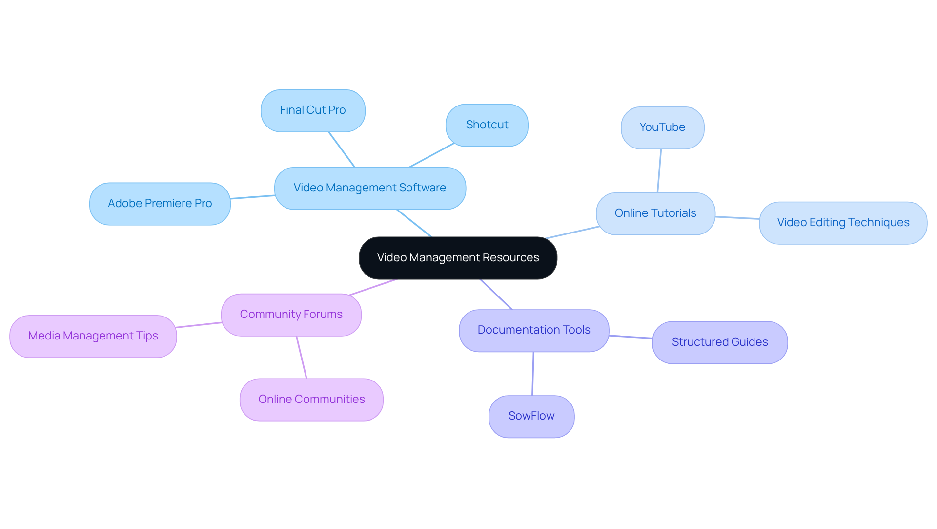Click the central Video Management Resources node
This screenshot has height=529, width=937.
pos(458,258)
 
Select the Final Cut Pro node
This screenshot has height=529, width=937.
pos(313,110)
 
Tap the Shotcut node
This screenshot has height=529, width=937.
pos(487,125)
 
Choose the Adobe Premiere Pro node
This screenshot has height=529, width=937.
pos(160,204)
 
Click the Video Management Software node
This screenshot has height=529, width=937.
pos(370,188)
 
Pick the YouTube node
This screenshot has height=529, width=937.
pos(662,127)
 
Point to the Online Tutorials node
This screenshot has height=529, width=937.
pos(655,213)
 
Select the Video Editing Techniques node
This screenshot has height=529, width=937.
pos(843,223)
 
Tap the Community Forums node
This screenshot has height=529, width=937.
pos(291,315)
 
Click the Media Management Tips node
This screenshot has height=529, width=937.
pos(93,336)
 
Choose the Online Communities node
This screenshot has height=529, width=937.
pos(311,400)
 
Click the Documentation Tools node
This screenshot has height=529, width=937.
pos(534,330)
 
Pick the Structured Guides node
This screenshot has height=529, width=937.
pos(720,342)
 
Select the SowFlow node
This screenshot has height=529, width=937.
pos(531,416)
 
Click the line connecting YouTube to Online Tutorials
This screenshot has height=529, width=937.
pos(659,171)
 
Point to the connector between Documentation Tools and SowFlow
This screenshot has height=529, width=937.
pos(533,374)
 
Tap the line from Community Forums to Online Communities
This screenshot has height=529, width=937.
pos(302,357)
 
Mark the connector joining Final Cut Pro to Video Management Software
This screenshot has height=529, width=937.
pos(342,149)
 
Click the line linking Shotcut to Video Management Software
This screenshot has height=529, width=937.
pos(431,155)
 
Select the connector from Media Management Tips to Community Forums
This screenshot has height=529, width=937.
pos(199,325)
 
